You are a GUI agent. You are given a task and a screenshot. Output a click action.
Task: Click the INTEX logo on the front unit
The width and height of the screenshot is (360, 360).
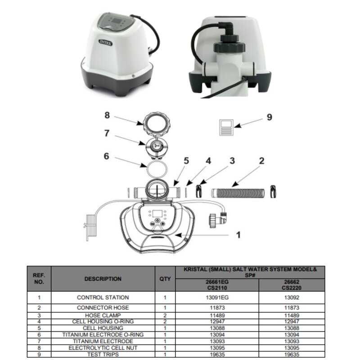click(x=106, y=43)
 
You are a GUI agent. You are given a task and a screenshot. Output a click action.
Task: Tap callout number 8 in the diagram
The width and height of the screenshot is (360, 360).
click(x=107, y=115)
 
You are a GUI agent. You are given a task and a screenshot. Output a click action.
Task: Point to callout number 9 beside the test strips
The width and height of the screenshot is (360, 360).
click(x=269, y=117)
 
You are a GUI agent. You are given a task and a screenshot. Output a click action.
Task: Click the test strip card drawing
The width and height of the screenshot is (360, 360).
click(x=226, y=127)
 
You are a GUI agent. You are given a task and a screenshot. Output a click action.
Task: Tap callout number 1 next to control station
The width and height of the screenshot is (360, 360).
click(x=238, y=234)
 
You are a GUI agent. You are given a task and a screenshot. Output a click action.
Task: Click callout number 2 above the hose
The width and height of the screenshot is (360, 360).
click(x=261, y=161)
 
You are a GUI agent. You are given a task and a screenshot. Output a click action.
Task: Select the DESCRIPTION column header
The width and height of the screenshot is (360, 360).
click(x=103, y=279)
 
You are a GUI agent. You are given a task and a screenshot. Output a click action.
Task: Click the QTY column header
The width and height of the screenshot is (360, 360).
click(x=165, y=279)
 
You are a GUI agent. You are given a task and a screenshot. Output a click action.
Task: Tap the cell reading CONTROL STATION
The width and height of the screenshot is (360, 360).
click(x=103, y=297)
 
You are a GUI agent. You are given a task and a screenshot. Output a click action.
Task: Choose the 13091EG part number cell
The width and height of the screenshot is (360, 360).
click(x=217, y=297)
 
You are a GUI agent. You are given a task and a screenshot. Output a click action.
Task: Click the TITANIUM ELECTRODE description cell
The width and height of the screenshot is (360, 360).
click(x=103, y=341)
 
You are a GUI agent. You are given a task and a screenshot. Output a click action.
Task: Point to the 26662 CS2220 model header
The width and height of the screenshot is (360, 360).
click(x=292, y=285)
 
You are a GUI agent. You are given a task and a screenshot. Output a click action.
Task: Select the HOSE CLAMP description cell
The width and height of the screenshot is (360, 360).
click(x=103, y=315)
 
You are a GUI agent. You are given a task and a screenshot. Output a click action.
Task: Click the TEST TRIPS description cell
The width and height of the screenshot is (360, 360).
click(x=103, y=355)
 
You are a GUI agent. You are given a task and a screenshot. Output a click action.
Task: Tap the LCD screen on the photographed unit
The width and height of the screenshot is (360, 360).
click(x=117, y=21)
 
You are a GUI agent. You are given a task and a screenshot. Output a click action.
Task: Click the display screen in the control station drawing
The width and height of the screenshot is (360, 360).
click(x=157, y=214)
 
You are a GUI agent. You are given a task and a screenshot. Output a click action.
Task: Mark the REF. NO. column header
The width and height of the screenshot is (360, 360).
click(x=39, y=279)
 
